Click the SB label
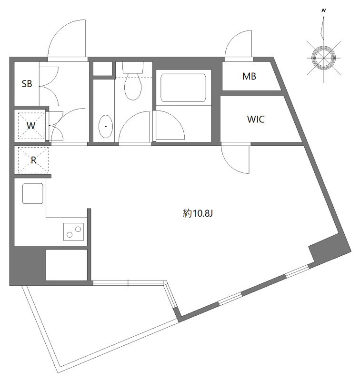click(x=27, y=84)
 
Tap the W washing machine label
click(x=30, y=126)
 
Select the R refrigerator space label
click(x=33, y=160)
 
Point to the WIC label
click(x=255, y=119)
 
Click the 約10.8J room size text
click(x=197, y=214)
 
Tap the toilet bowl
click(x=133, y=87)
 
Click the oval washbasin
click(x=105, y=127)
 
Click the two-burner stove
click(x=74, y=231)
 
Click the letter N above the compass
click(x=323, y=10)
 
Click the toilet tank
click(x=133, y=67)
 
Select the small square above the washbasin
click(x=102, y=69)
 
